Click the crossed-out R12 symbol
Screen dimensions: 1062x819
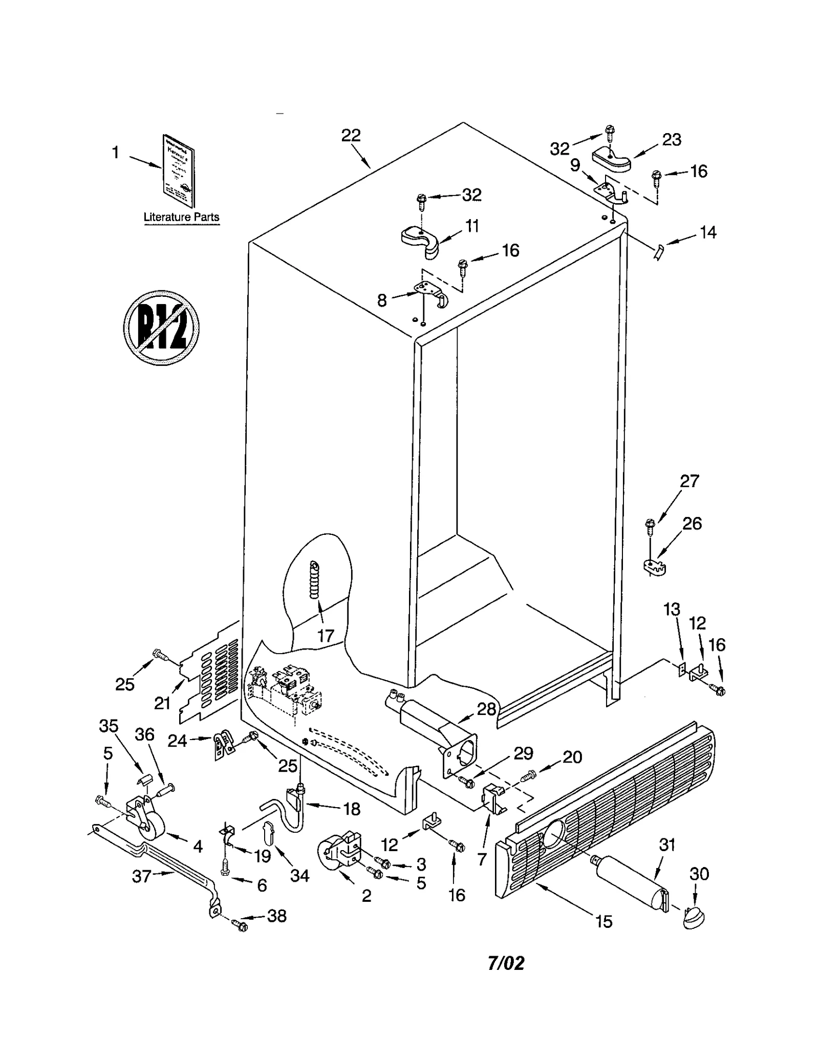[161, 328]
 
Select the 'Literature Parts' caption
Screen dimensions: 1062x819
[181, 216]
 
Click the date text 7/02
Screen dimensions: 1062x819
[506, 963]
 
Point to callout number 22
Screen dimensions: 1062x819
[351, 135]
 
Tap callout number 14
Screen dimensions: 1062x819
[708, 232]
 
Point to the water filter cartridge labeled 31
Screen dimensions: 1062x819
[631, 883]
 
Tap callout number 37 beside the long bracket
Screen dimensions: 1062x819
[141, 876]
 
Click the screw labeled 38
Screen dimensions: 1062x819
[239, 924]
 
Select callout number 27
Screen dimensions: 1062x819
[689, 481]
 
